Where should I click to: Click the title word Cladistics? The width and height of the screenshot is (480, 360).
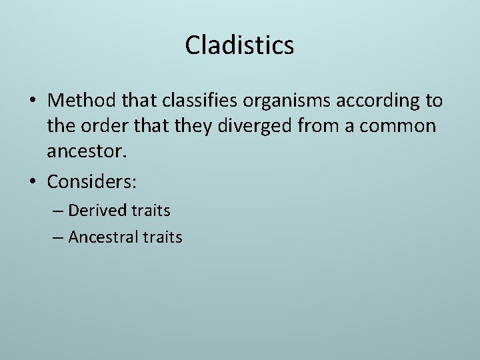pos(239,45)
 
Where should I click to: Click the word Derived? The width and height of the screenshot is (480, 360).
pos(97,211)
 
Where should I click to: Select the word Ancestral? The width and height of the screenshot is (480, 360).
pos(103,237)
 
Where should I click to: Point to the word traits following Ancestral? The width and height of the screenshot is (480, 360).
pos(161,237)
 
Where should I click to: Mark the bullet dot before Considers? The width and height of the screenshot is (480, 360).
pos(33,181)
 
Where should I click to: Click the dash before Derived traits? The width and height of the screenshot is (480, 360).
pos(57,211)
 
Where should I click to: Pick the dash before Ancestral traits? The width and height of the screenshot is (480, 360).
pos(57,237)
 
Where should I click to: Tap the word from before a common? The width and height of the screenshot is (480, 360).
pos(317,127)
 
